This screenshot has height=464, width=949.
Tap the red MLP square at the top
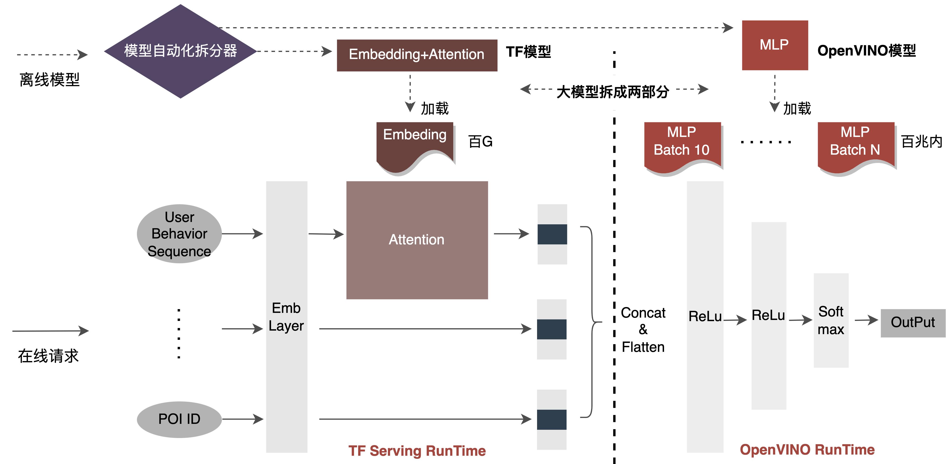(774, 45)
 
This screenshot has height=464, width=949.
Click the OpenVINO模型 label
(866, 51)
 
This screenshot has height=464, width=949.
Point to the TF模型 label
(528, 52)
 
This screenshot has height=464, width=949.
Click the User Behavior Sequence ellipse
(179, 234)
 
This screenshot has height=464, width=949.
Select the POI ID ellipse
(179, 419)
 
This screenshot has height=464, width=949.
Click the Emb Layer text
(286, 317)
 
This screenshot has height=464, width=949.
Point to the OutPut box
(913, 323)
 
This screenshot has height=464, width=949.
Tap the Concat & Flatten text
(643, 330)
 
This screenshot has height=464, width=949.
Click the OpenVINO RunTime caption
(807, 450)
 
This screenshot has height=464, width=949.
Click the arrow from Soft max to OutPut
(866, 320)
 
